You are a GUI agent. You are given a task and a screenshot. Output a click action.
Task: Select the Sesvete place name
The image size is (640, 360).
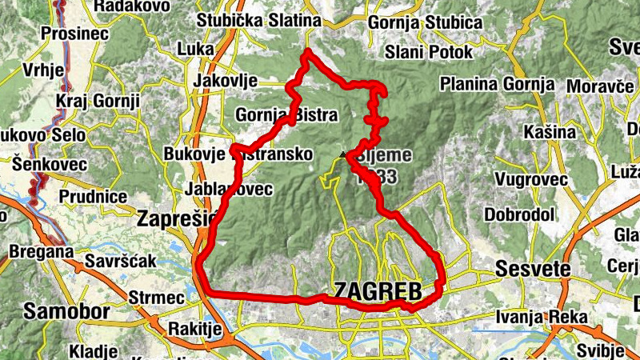[533, 268]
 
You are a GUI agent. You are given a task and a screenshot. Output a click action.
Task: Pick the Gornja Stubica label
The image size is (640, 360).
[425, 22]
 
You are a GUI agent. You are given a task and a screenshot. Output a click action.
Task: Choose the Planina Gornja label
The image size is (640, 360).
[497, 83]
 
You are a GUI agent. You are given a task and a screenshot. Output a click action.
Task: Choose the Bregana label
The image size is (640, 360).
[41, 252]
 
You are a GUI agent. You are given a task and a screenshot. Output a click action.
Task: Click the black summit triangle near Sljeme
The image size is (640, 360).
[342, 154]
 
